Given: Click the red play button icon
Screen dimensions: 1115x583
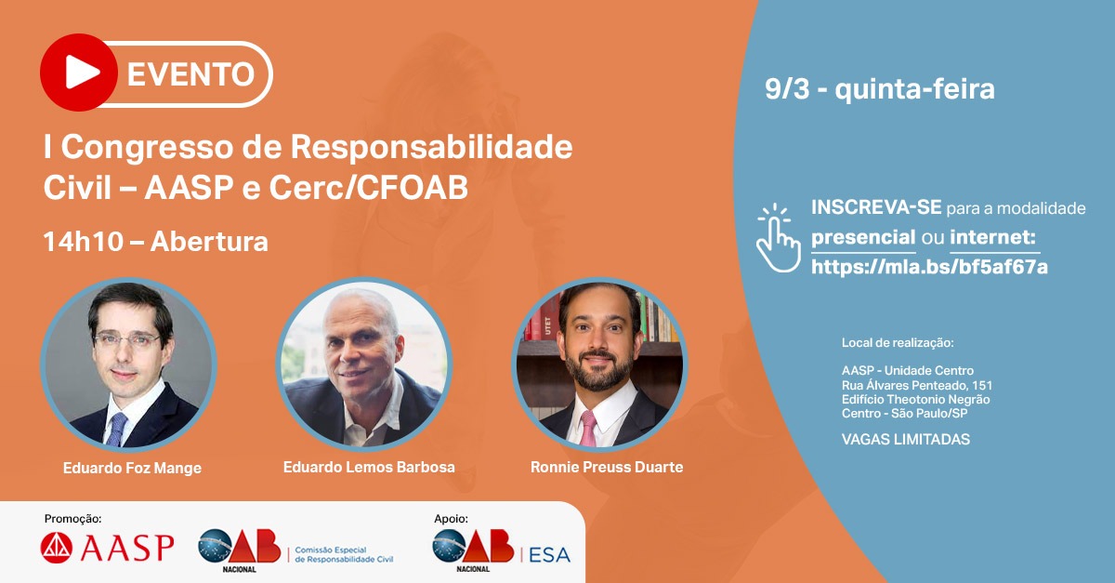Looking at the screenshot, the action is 79,73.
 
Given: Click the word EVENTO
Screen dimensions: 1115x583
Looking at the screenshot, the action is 190,74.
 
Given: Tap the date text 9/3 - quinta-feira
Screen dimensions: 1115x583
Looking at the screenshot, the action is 880,89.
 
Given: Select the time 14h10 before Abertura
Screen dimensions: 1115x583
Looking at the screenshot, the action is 83,242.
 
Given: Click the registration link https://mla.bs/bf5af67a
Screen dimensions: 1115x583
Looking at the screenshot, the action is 929,267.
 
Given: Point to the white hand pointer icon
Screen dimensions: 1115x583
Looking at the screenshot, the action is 778,238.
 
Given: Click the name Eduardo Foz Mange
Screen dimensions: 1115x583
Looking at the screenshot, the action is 132,468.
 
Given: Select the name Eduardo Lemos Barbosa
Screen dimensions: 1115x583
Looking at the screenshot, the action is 369,467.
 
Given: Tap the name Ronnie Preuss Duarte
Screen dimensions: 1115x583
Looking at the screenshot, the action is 607,467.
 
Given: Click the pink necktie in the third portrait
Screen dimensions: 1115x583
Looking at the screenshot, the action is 588,429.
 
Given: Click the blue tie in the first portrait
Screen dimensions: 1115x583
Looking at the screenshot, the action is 116,430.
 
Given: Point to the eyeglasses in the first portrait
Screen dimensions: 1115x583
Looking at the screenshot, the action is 127,341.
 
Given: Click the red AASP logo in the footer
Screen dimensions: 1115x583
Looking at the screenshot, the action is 107,548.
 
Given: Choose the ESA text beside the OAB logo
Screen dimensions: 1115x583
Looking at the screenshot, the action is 549,554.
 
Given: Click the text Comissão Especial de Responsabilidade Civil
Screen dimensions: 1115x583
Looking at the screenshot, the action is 344,554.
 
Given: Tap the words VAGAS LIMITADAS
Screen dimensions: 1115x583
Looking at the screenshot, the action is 905,440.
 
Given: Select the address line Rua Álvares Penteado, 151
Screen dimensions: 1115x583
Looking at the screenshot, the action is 917,385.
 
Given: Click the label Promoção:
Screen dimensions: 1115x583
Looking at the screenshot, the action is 72,519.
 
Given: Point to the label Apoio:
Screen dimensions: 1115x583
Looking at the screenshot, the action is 451,519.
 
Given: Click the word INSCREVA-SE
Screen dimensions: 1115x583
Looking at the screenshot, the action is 876,207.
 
